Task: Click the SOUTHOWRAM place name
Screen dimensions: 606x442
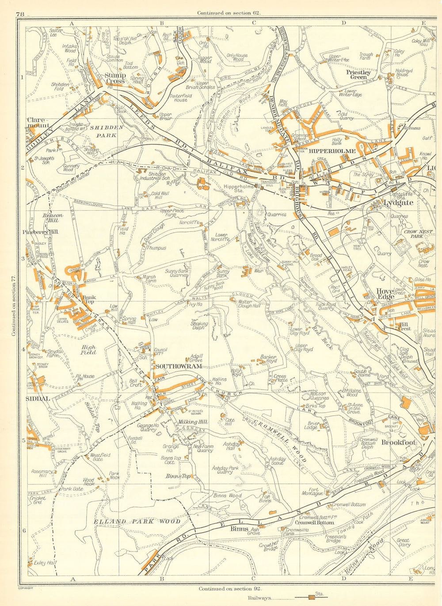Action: [178, 366]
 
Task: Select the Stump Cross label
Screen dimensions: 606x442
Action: [115, 78]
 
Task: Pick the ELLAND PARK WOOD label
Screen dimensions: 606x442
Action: [137, 522]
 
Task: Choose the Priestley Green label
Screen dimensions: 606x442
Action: [358, 74]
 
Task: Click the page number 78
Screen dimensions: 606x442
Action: [19, 14]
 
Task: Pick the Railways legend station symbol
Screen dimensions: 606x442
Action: [312, 598]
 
